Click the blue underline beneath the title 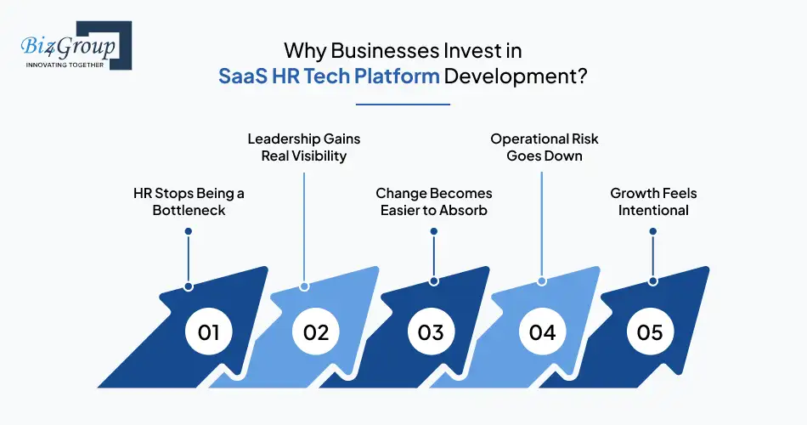403,105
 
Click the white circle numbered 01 209,331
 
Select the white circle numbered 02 316,331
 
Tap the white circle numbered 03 431,331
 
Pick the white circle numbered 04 542,331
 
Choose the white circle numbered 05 650,331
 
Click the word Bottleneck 188,210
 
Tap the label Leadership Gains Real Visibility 297,147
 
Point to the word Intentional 652,210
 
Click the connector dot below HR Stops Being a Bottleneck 188,286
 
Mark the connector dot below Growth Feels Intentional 652,280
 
